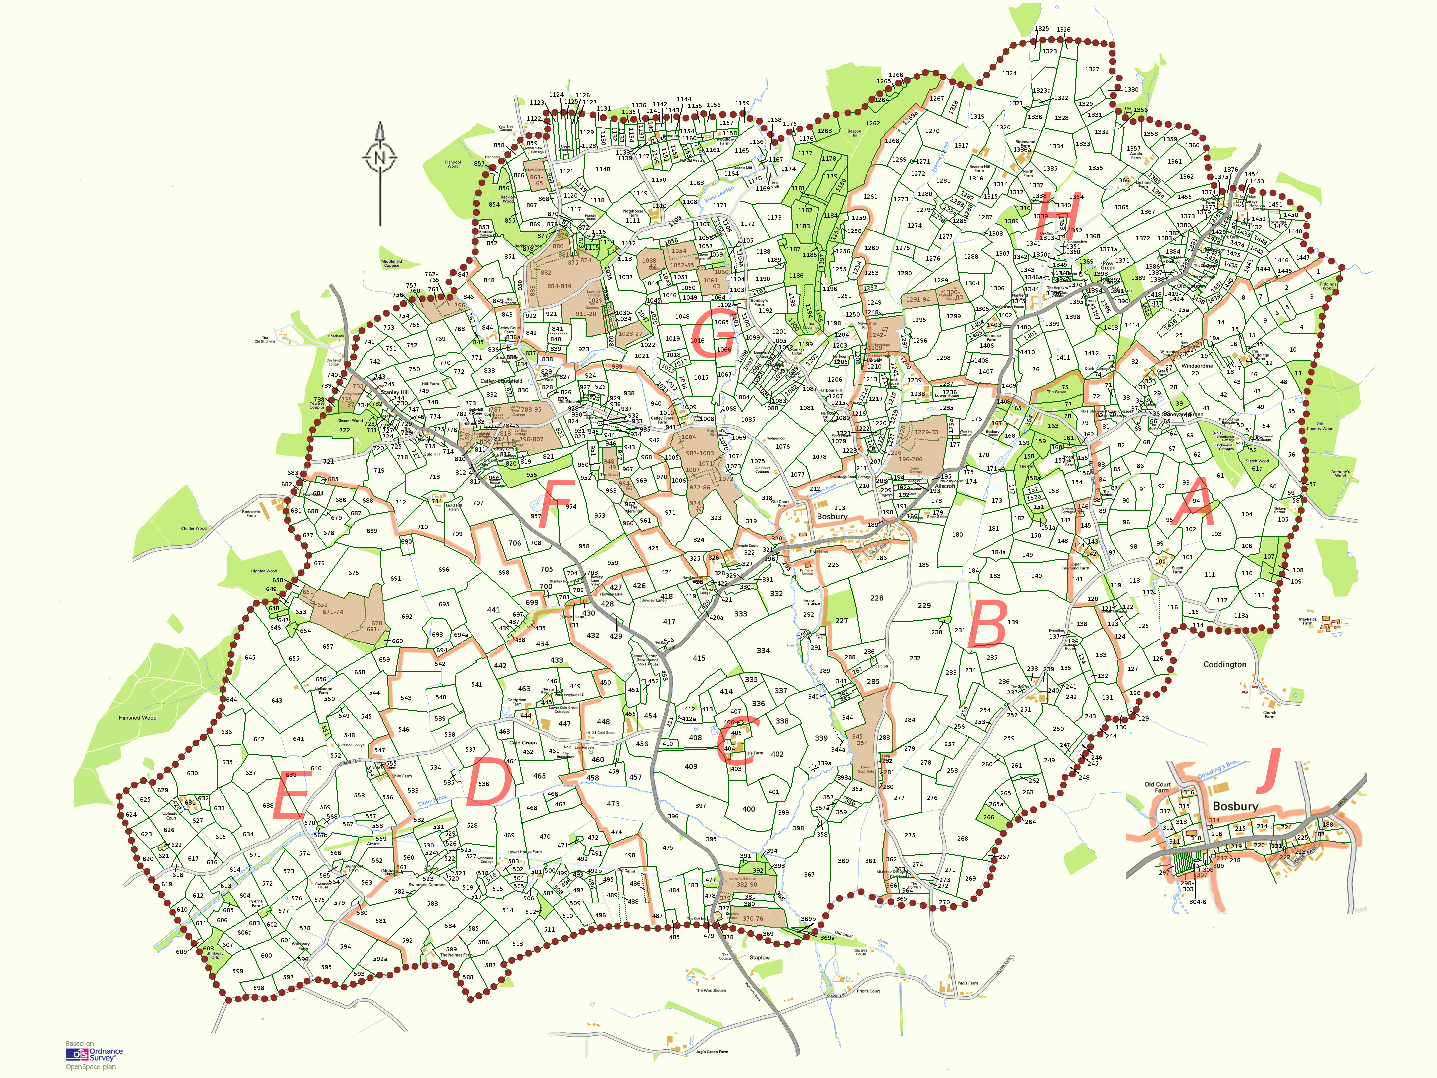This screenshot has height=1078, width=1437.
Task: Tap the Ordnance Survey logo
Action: pos(94,1054)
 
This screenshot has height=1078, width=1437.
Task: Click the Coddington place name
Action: pos(1224,664)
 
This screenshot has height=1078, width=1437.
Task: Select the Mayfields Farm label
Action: pos(1307,621)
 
